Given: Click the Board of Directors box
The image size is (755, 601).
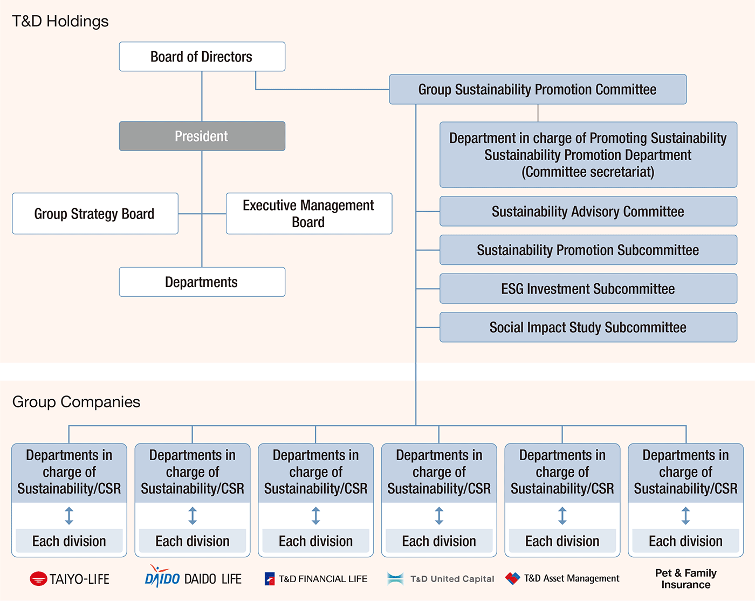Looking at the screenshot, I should [202, 57].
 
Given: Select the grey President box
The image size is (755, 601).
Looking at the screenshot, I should [202, 136].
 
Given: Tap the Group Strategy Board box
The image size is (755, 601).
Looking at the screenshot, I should [95, 214].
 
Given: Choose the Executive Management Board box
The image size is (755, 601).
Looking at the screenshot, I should [308, 214].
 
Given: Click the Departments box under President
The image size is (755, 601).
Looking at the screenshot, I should [202, 282].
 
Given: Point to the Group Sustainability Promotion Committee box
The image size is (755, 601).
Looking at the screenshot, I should [537, 90].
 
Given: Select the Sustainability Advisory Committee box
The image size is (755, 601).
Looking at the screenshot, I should [588, 211].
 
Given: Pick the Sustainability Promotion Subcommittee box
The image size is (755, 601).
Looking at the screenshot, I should [588, 250].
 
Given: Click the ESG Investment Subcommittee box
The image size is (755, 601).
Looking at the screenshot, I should [588, 289].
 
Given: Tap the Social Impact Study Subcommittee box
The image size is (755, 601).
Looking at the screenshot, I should [588, 327].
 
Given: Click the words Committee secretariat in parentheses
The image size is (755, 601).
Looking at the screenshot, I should [588, 172].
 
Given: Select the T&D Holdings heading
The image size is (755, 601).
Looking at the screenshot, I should [60, 22].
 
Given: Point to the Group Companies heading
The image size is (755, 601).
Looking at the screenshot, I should [76, 402].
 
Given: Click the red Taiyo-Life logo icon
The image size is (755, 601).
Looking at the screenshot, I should [38, 579].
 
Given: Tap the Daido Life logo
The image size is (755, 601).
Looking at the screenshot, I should [193, 578].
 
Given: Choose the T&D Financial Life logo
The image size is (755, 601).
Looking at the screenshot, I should [316, 579].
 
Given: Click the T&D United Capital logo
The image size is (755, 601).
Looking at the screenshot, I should [440, 579].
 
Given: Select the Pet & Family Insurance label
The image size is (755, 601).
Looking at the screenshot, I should [685, 578].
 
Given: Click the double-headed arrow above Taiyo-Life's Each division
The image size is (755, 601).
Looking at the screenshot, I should [69, 516].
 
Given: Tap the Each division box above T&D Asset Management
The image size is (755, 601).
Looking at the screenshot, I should [562, 541].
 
